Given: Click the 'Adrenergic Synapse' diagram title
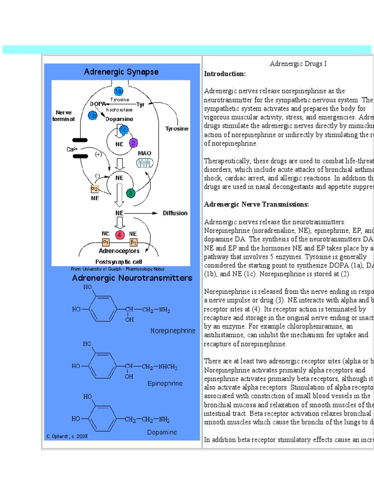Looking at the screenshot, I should (121, 72).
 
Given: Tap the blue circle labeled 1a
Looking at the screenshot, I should (118, 91).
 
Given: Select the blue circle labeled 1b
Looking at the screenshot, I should (93, 115).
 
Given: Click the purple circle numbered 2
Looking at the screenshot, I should (133, 143).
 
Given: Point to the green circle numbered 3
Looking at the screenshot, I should (130, 193).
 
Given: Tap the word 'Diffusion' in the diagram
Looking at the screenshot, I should (175, 213).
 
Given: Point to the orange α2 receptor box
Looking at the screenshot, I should (95, 189).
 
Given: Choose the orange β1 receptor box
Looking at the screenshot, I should (133, 242).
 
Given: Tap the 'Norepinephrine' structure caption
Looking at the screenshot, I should (172, 330).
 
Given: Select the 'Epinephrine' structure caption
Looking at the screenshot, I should (165, 384).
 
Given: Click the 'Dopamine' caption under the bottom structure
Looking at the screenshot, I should (162, 432).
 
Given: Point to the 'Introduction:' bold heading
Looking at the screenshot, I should (225, 74).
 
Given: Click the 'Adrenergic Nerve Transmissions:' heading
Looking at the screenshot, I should (257, 204).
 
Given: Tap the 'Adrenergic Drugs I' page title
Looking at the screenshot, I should (298, 64).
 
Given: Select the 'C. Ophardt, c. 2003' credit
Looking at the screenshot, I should (67, 437).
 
